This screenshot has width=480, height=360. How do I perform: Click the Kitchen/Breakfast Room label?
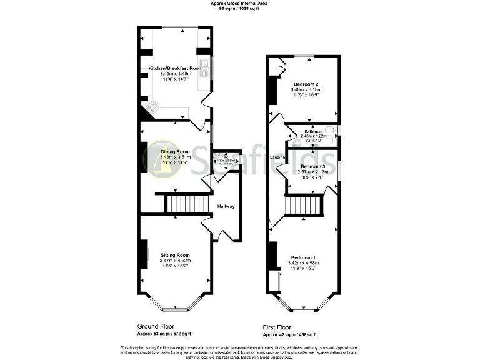point(176,67)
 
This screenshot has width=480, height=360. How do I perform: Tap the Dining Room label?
point(175,152)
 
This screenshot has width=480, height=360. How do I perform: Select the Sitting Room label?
point(175,255)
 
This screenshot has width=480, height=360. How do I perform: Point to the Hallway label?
point(226,206)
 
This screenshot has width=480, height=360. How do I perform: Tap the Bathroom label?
point(314,131)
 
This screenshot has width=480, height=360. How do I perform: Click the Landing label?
point(278,157)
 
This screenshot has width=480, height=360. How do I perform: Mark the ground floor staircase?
point(186,203)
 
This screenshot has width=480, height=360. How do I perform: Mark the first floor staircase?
point(304,206)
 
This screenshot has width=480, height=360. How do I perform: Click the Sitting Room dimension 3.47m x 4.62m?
point(175,261)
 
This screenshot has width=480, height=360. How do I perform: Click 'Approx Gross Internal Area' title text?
point(239,4)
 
